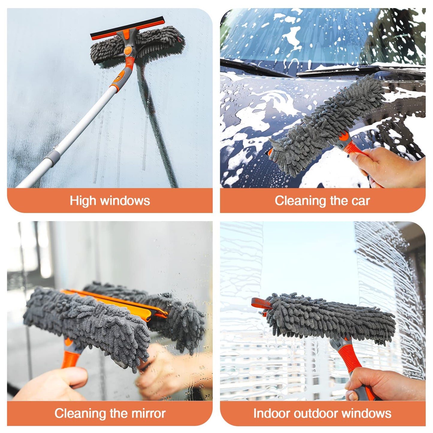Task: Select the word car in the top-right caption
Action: pyautogui.click(x=361, y=201)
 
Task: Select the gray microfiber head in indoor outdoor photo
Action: pyautogui.click(x=330, y=318)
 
